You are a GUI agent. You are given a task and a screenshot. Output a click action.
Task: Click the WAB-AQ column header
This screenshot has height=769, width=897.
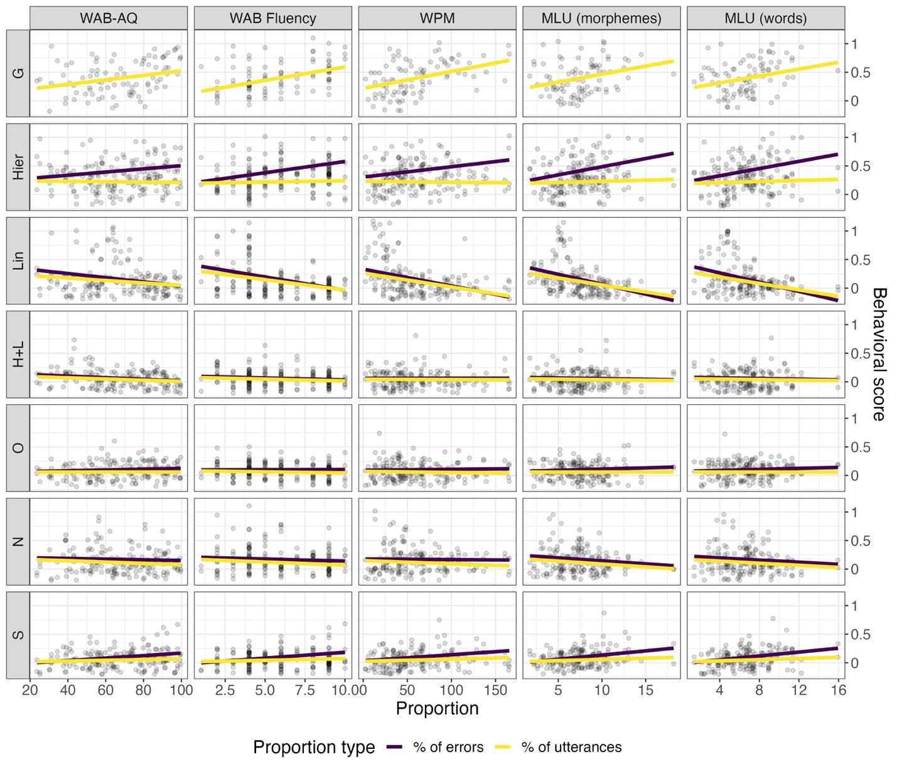108,18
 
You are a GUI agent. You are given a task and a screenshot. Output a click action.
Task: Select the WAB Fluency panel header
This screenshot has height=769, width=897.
272,18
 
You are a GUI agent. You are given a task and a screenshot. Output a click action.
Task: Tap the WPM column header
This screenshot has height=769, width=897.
437,18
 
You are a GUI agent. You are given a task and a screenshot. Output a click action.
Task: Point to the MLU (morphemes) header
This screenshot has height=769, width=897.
601,18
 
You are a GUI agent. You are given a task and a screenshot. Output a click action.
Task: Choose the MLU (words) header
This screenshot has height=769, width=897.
765,18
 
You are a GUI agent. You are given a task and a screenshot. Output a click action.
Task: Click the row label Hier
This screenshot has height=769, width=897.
18,167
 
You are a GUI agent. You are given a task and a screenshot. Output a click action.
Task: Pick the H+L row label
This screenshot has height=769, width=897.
18,354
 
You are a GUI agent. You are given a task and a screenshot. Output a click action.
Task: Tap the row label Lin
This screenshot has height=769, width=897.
18,261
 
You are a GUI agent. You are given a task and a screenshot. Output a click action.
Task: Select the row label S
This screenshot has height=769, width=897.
18,635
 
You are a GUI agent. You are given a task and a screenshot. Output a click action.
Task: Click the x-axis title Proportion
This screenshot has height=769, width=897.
437,709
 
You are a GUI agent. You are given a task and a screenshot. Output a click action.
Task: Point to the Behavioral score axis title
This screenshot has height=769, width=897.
879,354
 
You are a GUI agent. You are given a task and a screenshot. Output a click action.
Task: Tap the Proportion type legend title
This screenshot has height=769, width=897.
314,747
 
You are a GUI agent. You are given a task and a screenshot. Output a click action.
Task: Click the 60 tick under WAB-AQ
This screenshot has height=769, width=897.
105,690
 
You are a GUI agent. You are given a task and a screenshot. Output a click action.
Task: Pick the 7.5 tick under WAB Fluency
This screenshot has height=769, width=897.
304,690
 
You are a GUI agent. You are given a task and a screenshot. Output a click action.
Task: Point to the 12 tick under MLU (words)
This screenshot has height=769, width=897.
798,690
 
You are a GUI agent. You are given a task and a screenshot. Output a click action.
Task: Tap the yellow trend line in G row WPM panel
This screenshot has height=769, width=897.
437,73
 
